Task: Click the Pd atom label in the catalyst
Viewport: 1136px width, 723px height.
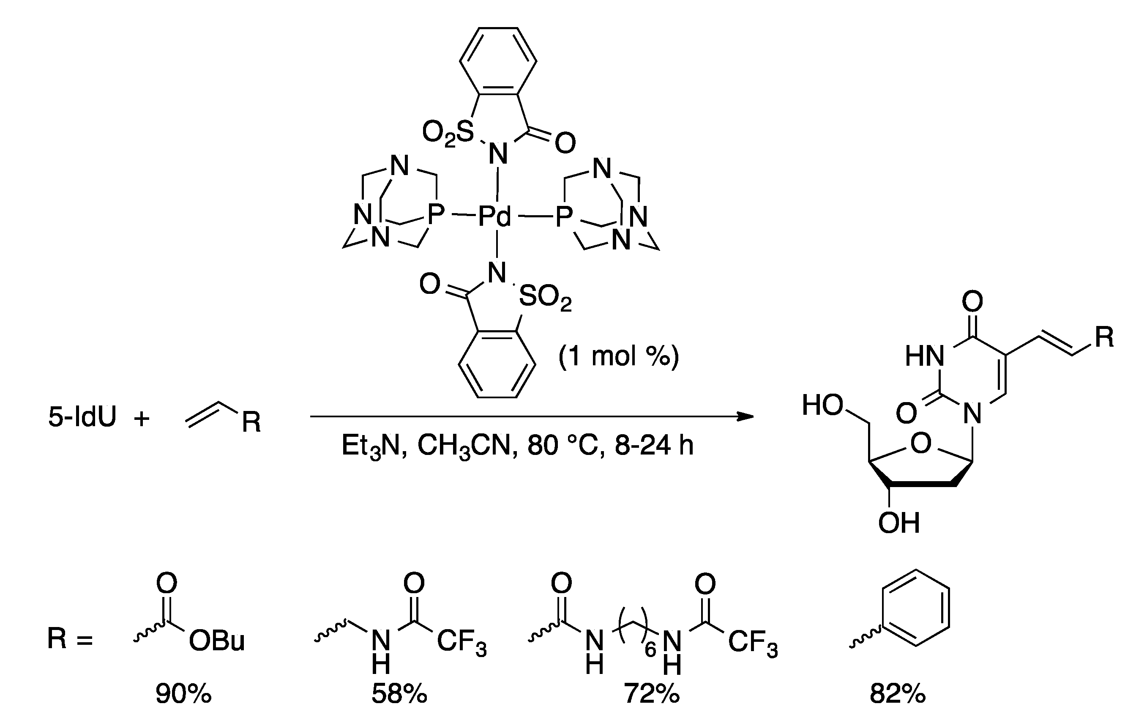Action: click(x=495, y=216)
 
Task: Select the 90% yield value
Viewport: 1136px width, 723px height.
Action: click(x=183, y=694)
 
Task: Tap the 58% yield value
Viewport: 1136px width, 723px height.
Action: click(x=399, y=694)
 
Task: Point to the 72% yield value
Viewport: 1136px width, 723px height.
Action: click(x=652, y=694)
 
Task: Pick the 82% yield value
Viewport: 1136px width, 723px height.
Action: click(x=898, y=694)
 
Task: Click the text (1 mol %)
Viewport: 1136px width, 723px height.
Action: click(x=618, y=356)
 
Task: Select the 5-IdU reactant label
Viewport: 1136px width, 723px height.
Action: click(x=82, y=417)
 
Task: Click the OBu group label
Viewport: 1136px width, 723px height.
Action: click(x=217, y=641)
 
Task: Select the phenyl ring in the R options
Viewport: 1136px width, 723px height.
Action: click(x=915, y=608)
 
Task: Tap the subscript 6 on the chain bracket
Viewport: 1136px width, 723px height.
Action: click(x=650, y=650)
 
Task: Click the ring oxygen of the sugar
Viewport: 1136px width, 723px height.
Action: click(x=921, y=444)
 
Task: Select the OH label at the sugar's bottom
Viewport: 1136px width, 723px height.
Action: click(x=899, y=523)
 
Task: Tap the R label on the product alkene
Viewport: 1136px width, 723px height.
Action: click(x=1104, y=337)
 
